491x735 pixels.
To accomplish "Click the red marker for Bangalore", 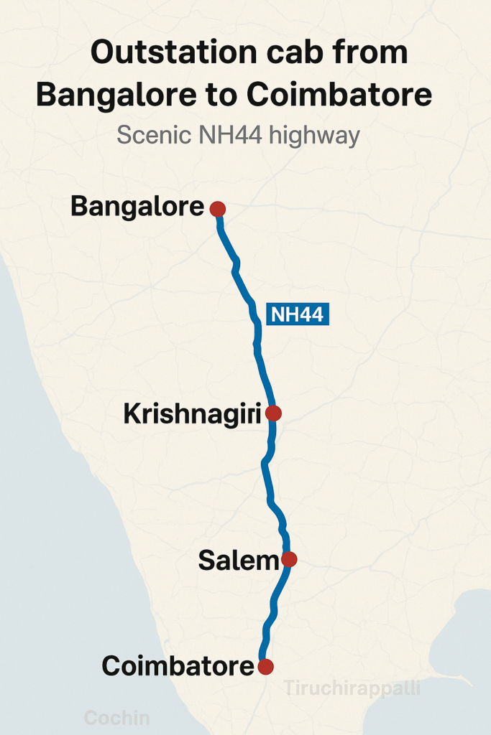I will tap(218, 209).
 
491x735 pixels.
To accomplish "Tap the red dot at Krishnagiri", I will tap(273, 413).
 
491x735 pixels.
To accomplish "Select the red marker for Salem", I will tap(289, 559).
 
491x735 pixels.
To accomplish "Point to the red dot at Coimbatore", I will tap(266, 667).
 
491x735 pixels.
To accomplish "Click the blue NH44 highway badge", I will tap(298, 314).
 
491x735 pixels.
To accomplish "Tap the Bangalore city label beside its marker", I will tap(137, 207).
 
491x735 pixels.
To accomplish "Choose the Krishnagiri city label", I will tap(192, 414).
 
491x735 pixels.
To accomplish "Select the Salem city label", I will tap(238, 561).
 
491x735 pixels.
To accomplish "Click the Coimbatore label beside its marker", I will tap(178, 666).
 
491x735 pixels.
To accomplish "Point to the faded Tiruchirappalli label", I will tap(352, 688).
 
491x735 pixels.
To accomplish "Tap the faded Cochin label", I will tap(117, 718).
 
